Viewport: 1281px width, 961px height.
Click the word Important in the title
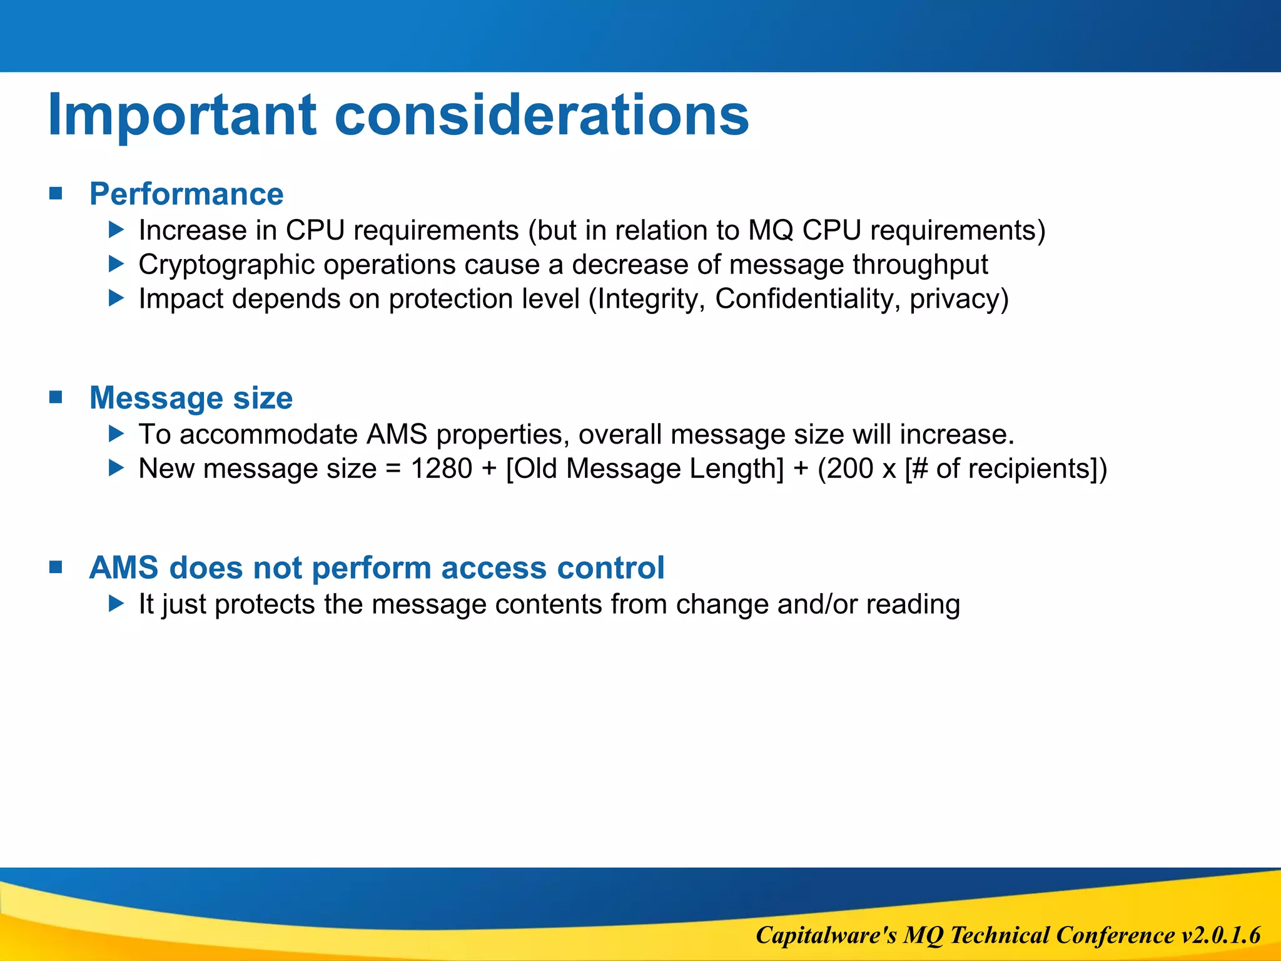click(x=182, y=115)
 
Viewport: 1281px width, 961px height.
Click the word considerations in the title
click(x=541, y=115)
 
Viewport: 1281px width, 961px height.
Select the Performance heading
click(x=186, y=193)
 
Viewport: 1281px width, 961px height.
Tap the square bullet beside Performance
click(x=56, y=193)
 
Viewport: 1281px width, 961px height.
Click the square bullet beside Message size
click(x=56, y=397)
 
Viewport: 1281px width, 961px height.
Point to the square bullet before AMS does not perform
click(x=56, y=567)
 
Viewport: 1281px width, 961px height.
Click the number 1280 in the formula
click(x=441, y=469)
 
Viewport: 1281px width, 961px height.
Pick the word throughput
click(x=920, y=265)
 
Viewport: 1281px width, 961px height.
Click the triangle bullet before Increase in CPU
click(x=116, y=230)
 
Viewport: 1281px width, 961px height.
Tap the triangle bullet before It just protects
click(x=116, y=603)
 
